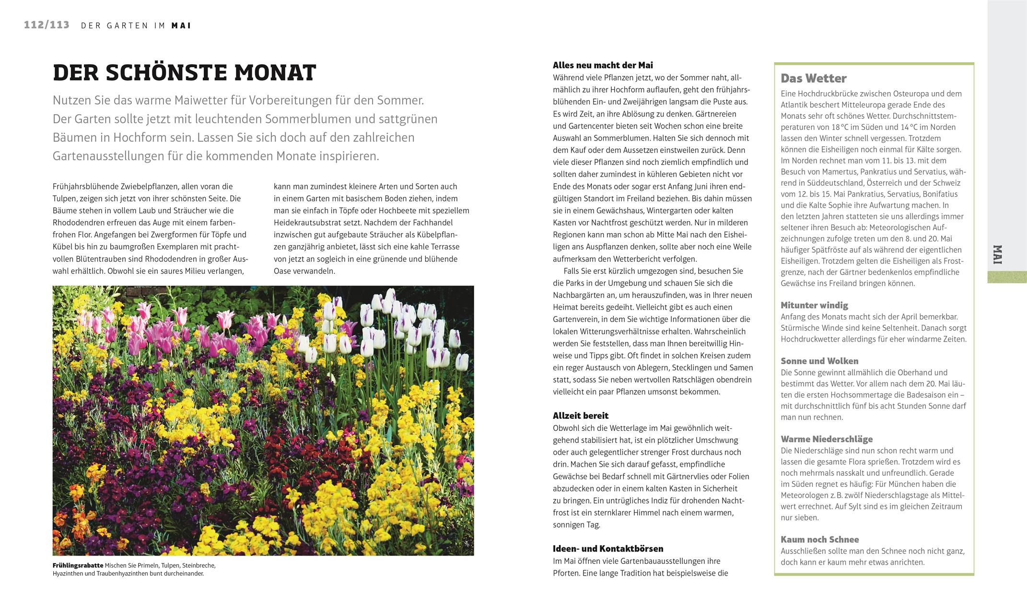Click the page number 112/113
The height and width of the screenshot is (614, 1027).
pyautogui.click(x=47, y=25)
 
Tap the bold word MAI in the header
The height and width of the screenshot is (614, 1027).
pyautogui.click(x=181, y=26)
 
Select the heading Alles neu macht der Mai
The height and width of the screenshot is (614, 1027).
pyautogui.click(x=603, y=65)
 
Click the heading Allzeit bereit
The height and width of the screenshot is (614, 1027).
pyautogui.click(x=580, y=415)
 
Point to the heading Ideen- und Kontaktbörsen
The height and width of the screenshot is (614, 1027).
pyautogui.click(x=607, y=548)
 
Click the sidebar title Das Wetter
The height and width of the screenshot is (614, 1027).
pyautogui.click(x=813, y=78)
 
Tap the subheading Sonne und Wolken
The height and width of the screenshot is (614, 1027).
pyautogui.click(x=819, y=361)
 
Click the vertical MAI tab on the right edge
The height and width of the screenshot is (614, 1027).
pyautogui.click(x=1006, y=254)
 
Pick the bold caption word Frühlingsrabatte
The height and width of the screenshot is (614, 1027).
pyautogui.click(x=78, y=565)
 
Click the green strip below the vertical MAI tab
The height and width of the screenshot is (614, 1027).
pyautogui.click(x=1006, y=277)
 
